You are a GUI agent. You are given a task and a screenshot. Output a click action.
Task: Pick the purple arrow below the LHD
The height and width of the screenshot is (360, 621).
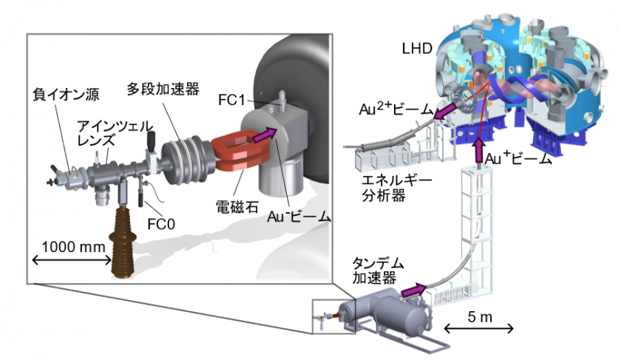tap(477, 143)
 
